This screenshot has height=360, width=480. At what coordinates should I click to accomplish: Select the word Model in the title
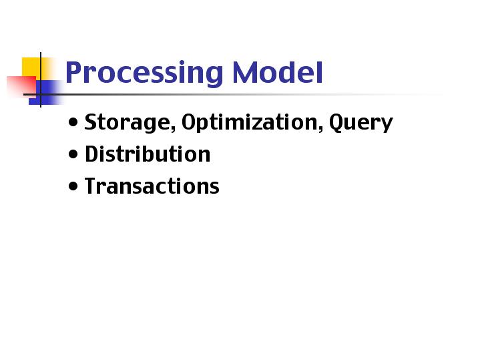(x=278, y=72)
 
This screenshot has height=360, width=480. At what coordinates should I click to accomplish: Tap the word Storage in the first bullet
(x=128, y=122)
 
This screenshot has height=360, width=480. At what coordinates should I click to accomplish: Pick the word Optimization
(x=250, y=122)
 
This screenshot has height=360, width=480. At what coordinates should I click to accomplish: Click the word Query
(x=361, y=122)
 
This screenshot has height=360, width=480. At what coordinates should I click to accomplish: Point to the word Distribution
(x=148, y=154)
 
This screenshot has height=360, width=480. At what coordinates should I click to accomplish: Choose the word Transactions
(x=152, y=186)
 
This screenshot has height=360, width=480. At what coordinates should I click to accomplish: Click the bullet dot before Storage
(x=73, y=122)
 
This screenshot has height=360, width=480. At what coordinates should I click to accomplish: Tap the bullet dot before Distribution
(x=73, y=154)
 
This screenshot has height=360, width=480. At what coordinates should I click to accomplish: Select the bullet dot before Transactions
(x=73, y=186)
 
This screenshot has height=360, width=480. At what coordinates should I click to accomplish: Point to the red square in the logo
(x=21, y=86)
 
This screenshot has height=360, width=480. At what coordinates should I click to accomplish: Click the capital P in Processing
(x=74, y=72)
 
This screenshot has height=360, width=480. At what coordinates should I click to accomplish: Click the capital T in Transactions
(x=91, y=186)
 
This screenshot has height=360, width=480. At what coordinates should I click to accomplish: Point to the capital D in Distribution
(x=92, y=154)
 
